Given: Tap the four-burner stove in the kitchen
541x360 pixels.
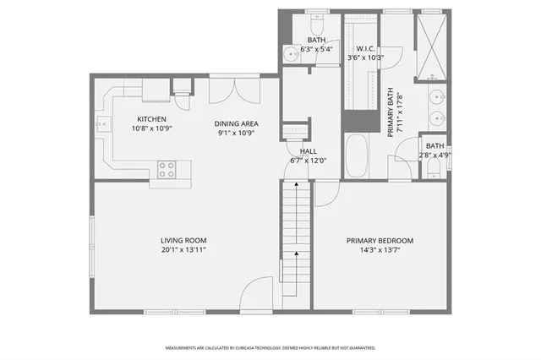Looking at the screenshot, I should pos(167,169).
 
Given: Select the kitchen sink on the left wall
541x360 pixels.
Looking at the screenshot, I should pos(101,124).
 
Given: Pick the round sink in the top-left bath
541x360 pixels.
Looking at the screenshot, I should pos(292,52).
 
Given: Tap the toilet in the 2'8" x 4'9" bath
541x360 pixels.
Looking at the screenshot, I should pos(434,172).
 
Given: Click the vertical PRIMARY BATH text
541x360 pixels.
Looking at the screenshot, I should pos(392,112).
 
